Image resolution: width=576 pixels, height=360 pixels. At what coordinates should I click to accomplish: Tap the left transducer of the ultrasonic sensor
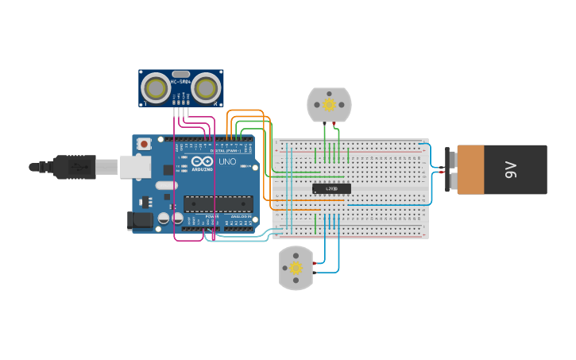pos(156,88)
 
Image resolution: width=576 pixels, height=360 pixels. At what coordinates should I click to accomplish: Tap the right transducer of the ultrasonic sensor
pos(206,88)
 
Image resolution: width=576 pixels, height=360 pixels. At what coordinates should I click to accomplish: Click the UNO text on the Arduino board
pos(227,161)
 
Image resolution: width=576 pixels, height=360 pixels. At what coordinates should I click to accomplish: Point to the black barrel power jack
pos(141,220)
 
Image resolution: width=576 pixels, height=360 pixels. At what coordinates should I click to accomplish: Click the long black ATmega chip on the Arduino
pos(218,203)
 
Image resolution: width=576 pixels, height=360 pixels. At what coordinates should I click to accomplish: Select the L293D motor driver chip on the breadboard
pos(331,188)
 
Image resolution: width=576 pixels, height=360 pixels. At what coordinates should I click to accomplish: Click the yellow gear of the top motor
pos(329,104)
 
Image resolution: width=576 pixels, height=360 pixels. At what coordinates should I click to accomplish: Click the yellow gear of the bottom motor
pos(296,268)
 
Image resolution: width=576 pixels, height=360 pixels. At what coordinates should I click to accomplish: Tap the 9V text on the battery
pos(510,169)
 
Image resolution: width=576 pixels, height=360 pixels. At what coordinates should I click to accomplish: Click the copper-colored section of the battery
pos(470,169)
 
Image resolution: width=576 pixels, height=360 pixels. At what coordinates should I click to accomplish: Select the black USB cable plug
pos(75,167)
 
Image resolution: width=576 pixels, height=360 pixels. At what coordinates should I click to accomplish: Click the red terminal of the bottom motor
pos(315,263)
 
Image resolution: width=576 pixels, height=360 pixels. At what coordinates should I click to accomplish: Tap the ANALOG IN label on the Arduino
pos(241,216)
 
